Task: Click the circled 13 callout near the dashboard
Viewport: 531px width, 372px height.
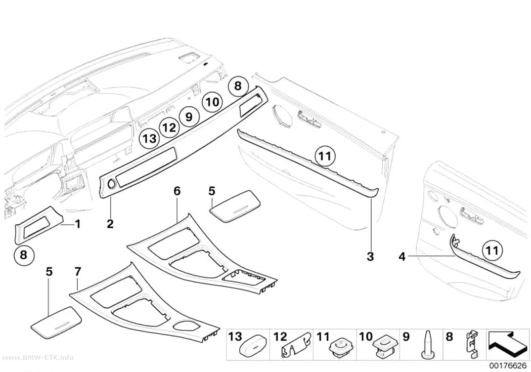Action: [150, 139]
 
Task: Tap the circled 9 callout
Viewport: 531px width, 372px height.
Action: [189, 116]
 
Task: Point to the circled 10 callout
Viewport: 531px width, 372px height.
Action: [212, 102]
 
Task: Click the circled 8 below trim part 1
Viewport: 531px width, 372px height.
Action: [24, 255]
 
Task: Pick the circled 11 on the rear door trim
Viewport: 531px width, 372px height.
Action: [492, 251]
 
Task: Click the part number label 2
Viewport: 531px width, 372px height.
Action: [110, 224]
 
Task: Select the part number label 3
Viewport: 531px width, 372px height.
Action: [370, 256]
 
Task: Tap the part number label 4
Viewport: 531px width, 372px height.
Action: [402, 257]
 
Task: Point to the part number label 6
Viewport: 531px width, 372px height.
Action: [177, 191]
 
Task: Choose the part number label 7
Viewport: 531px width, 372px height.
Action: [78, 271]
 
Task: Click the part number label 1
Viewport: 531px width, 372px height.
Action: [78, 224]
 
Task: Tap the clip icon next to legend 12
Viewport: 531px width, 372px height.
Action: [295, 347]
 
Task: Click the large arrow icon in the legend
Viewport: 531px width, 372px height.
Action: [507, 344]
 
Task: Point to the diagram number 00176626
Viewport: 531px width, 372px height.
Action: [508, 365]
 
